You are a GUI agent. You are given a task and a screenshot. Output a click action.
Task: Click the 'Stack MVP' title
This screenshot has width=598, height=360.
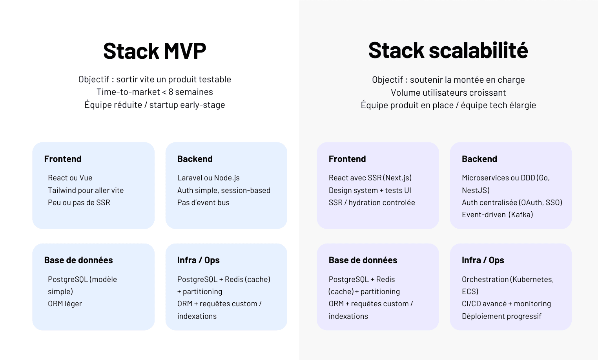point(155,51)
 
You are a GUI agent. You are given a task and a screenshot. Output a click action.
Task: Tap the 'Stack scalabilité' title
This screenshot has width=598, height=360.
point(448,50)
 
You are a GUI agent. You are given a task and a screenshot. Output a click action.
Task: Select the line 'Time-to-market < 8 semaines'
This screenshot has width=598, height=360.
point(155,92)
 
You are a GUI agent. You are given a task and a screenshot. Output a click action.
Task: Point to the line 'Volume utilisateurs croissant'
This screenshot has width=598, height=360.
point(448,93)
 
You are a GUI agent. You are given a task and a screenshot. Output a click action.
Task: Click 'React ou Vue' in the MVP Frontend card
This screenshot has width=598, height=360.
point(70,178)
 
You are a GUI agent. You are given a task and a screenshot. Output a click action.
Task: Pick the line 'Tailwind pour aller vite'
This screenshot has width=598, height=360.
point(86,190)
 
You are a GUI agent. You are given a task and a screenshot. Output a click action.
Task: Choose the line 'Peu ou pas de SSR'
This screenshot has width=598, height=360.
point(79,203)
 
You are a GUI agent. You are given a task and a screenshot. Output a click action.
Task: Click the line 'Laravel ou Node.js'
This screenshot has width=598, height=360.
point(208,178)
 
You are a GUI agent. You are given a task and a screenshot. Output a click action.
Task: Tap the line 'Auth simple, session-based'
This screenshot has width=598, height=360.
point(224,190)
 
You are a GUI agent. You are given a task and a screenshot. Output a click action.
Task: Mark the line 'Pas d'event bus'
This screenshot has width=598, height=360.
point(203,203)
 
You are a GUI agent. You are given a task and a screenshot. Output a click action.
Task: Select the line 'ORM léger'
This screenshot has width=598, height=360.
point(65,304)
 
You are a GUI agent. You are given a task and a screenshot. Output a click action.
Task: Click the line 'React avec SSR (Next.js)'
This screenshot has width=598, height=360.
point(370,178)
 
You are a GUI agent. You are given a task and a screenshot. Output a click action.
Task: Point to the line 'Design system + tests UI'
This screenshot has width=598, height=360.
point(370,190)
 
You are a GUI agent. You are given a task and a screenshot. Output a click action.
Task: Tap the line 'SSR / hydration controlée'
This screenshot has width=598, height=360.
point(372,203)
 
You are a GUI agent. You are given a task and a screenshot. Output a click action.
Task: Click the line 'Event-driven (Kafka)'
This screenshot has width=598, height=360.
point(498,215)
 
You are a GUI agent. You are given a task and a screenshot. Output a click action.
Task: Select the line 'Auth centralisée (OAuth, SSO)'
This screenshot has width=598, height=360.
point(512,203)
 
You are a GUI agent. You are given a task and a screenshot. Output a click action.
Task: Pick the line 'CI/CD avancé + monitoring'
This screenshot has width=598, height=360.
point(507,304)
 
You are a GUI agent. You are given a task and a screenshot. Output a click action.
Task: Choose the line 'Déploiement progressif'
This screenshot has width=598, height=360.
point(501,316)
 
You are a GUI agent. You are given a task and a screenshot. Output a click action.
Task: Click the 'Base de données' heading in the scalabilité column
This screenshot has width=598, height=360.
point(363,260)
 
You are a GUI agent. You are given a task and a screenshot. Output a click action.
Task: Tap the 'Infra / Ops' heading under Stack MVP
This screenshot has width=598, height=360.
point(199,260)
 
